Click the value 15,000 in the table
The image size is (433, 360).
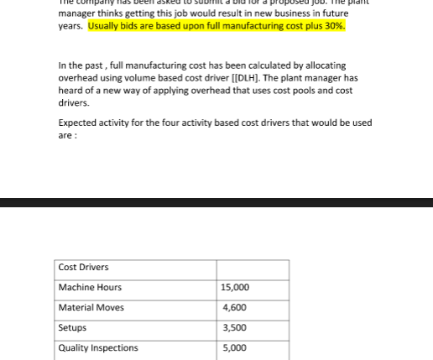[235, 288]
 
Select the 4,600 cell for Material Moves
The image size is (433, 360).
[233, 308]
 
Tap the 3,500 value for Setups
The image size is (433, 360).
[233, 328]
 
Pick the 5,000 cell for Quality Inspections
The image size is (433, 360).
[233, 348]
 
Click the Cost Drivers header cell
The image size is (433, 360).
[83, 268]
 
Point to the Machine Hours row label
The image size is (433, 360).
[90, 288]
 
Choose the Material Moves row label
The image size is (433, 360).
[91, 308]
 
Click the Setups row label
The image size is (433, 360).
[72, 328]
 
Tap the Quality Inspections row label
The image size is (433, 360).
[98, 348]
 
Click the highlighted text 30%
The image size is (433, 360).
[334, 26]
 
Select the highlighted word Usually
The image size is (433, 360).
[103, 26]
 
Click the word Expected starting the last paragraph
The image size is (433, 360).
[77, 123]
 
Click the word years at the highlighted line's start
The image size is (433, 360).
[70, 26]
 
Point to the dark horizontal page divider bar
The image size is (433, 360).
[216, 202]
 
